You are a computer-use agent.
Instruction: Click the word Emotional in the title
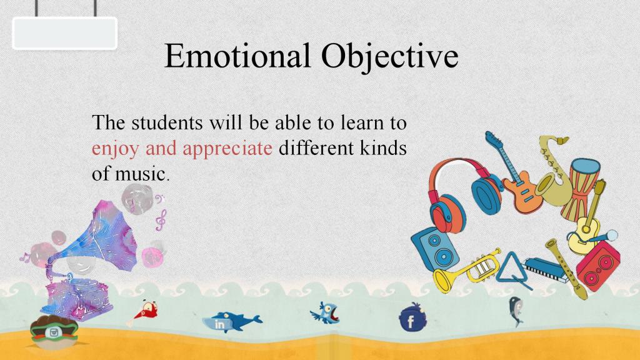[237, 56]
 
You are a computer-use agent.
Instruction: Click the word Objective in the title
[390, 57]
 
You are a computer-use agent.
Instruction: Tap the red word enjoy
[115, 149]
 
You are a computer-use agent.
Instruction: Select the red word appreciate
[227, 149]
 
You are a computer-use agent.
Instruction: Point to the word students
[167, 122]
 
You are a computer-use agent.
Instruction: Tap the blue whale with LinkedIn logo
[232, 322]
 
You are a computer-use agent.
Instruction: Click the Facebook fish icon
[412, 318]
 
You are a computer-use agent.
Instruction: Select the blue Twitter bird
[325, 314]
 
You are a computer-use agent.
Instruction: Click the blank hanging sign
[65, 34]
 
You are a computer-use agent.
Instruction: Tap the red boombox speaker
[597, 265]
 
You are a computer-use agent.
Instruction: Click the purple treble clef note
[161, 220]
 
